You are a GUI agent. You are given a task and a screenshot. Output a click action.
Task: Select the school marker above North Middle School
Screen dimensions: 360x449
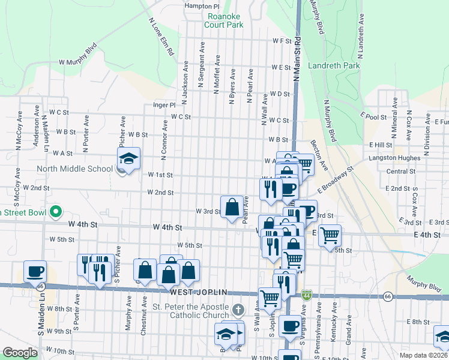click(128, 158)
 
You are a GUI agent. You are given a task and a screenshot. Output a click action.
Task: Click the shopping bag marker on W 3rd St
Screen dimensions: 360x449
click(232, 207)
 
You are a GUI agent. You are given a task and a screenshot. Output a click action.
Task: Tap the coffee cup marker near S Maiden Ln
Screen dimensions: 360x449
click(35, 271)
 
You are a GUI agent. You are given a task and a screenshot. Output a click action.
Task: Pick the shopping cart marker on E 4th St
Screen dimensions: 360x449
click(330, 235)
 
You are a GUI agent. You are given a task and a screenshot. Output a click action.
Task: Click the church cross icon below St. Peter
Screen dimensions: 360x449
click(238, 310)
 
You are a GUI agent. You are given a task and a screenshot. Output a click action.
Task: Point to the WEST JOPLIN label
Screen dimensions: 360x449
click(199, 292)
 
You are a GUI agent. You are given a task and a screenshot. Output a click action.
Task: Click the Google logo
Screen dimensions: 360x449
click(20, 352)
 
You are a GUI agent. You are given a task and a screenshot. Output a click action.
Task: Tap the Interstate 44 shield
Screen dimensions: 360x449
click(307, 295)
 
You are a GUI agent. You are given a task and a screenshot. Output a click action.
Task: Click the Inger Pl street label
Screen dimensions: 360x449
click(164, 104)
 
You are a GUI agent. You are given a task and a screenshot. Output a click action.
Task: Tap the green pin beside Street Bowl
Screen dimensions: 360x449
click(56, 212)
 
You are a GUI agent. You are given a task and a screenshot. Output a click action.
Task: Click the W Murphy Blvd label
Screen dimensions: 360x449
click(77, 54)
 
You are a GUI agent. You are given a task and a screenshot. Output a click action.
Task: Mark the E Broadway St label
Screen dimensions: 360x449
click(337, 179)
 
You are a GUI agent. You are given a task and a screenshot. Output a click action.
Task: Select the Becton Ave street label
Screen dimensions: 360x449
click(320, 154)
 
